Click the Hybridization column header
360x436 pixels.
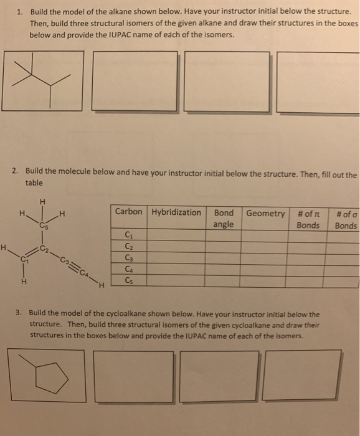(176, 212)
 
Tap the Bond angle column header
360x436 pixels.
(224, 218)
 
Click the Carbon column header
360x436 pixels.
(129, 212)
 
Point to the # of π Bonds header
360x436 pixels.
(308, 218)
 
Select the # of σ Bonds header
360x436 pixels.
(346, 218)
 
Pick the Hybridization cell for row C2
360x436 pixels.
(176, 246)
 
